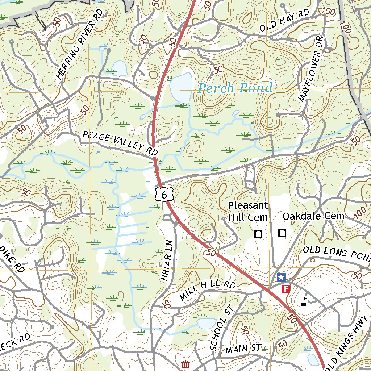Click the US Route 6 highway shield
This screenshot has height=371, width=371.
tap(164, 195)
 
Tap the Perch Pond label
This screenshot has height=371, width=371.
tap(235, 88)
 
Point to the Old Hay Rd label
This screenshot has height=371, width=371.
tap(284, 22)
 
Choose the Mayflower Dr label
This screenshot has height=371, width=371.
tap(311, 77)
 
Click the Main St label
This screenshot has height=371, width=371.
tap(243, 349)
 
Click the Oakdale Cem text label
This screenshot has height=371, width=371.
tap(313, 216)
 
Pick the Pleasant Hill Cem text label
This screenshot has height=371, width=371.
tap(248, 212)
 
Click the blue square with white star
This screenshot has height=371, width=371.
tap(281, 278)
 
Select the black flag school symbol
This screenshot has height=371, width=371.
tap(305, 301)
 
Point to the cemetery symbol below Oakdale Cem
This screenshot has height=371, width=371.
tap(282, 233)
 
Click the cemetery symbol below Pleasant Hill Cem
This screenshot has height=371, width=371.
tap(258, 234)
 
